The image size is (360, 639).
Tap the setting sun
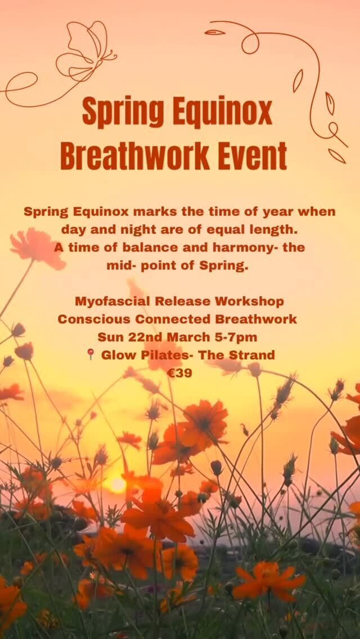[x=118, y=484]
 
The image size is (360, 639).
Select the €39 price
[x=180, y=373]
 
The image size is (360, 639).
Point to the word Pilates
[x=162, y=355]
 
